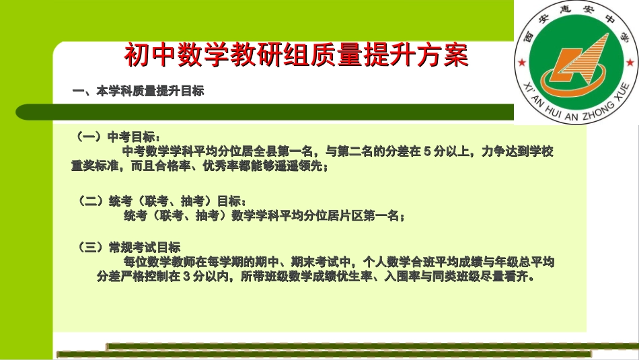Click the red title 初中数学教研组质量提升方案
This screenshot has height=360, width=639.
(x=295, y=56)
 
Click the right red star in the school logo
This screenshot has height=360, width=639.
(x=630, y=63)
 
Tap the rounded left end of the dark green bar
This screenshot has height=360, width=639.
(x=24, y=112)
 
